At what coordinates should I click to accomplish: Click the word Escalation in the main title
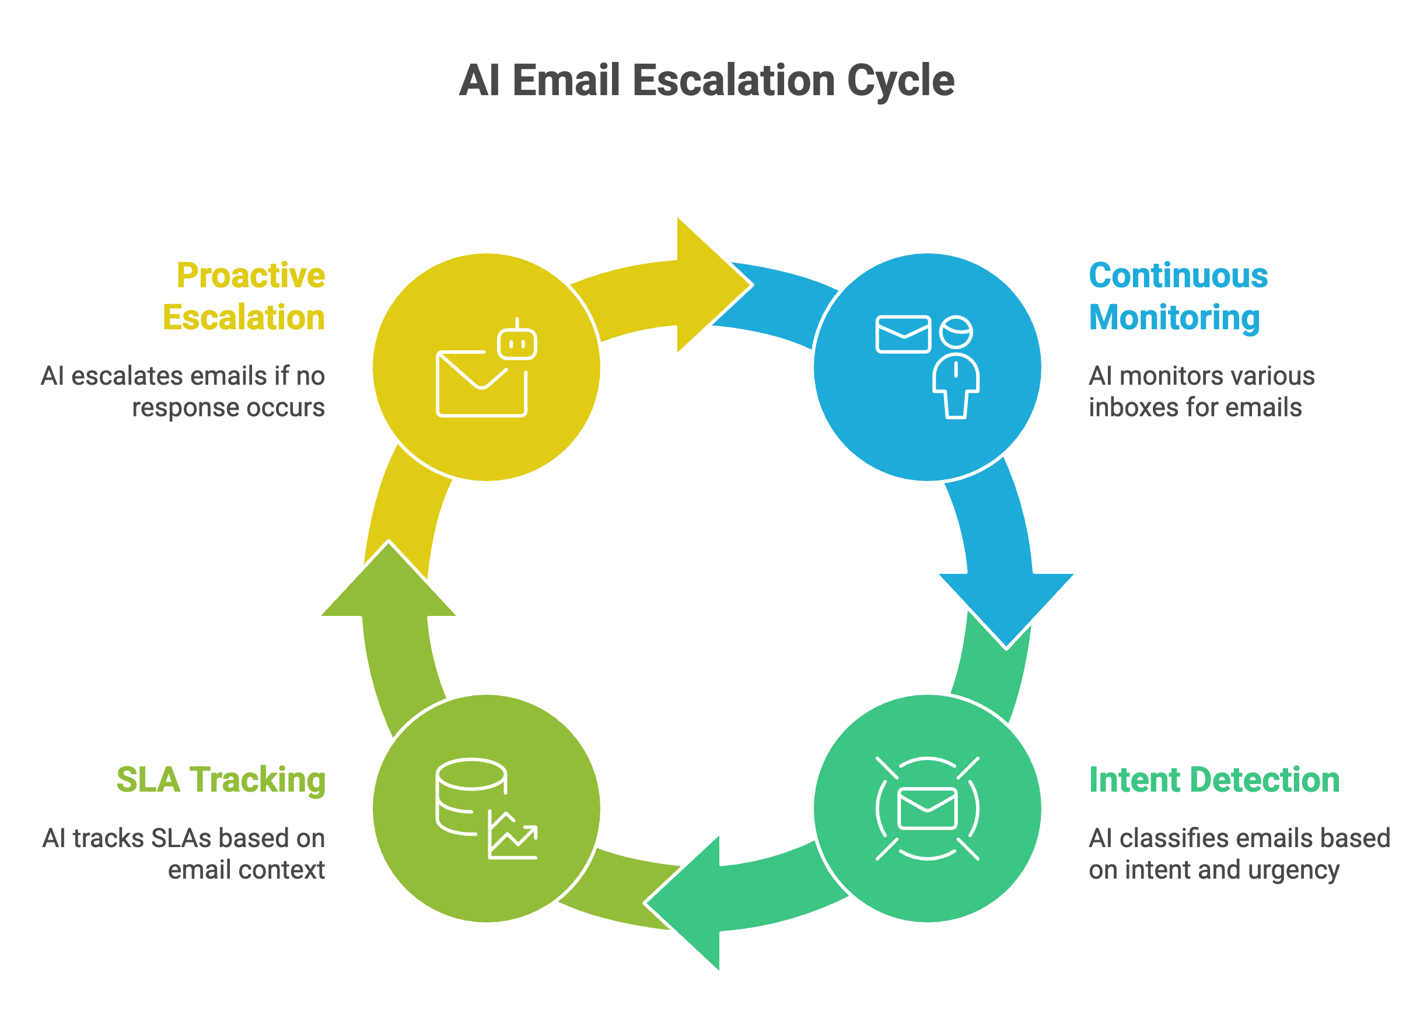pyautogui.click(x=734, y=81)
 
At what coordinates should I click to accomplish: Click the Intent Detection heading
pyautogui.click(x=1213, y=781)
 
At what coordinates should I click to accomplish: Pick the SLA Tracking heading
pyautogui.click(x=221, y=781)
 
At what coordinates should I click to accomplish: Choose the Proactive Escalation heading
pyautogui.click(x=244, y=296)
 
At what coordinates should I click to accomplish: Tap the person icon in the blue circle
pyautogui.click(x=956, y=370)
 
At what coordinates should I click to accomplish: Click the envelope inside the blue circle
pyautogui.click(x=903, y=335)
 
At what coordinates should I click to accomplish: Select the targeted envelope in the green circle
pyautogui.click(x=927, y=809)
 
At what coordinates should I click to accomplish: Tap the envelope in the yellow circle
pyautogui.click(x=481, y=384)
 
